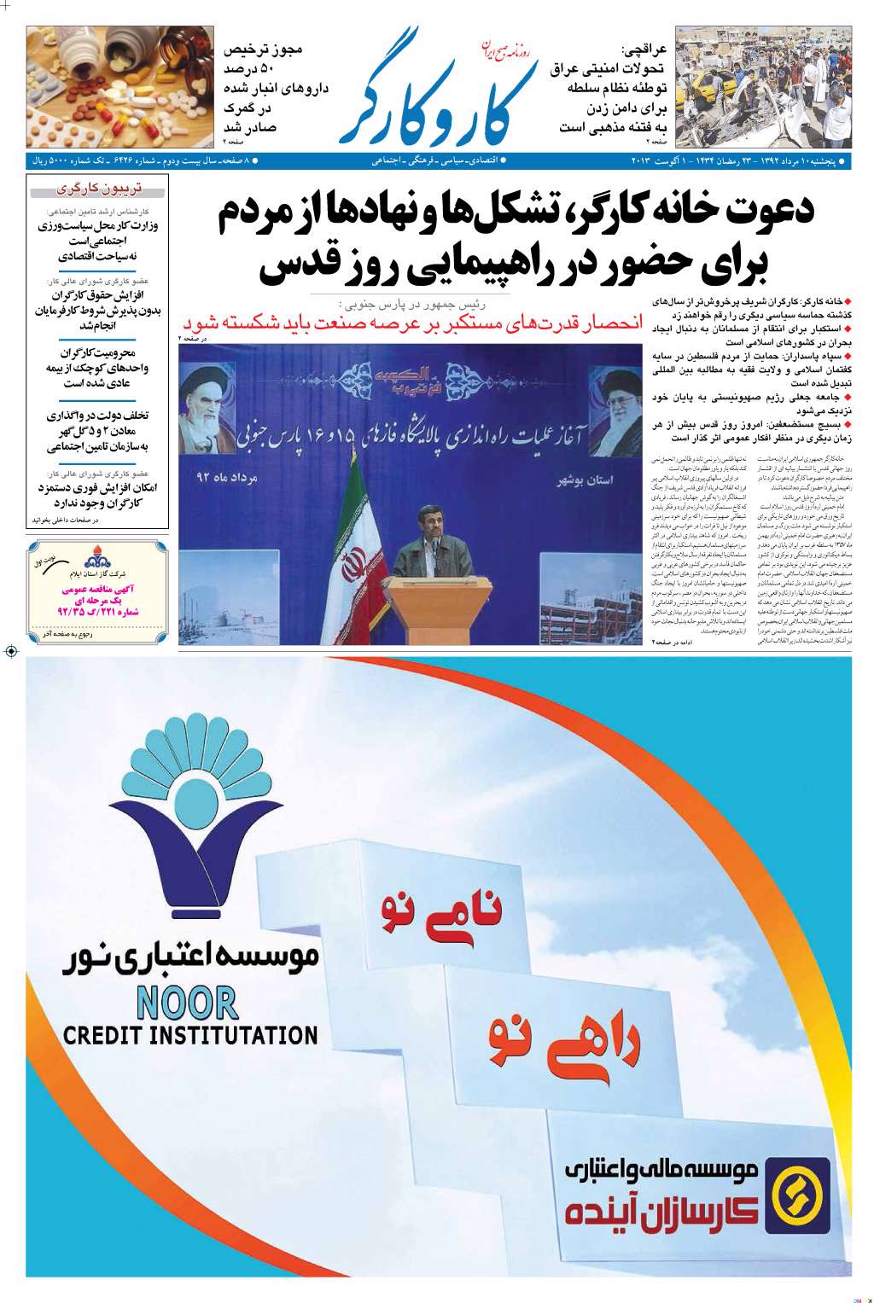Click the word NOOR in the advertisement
(186, 1002)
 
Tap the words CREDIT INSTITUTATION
(189, 1036)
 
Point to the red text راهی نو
(564, 1042)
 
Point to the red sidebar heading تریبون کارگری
(99, 189)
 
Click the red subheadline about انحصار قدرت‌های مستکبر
(411, 323)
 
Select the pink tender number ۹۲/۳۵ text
(97, 611)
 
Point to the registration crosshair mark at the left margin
(11, 651)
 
